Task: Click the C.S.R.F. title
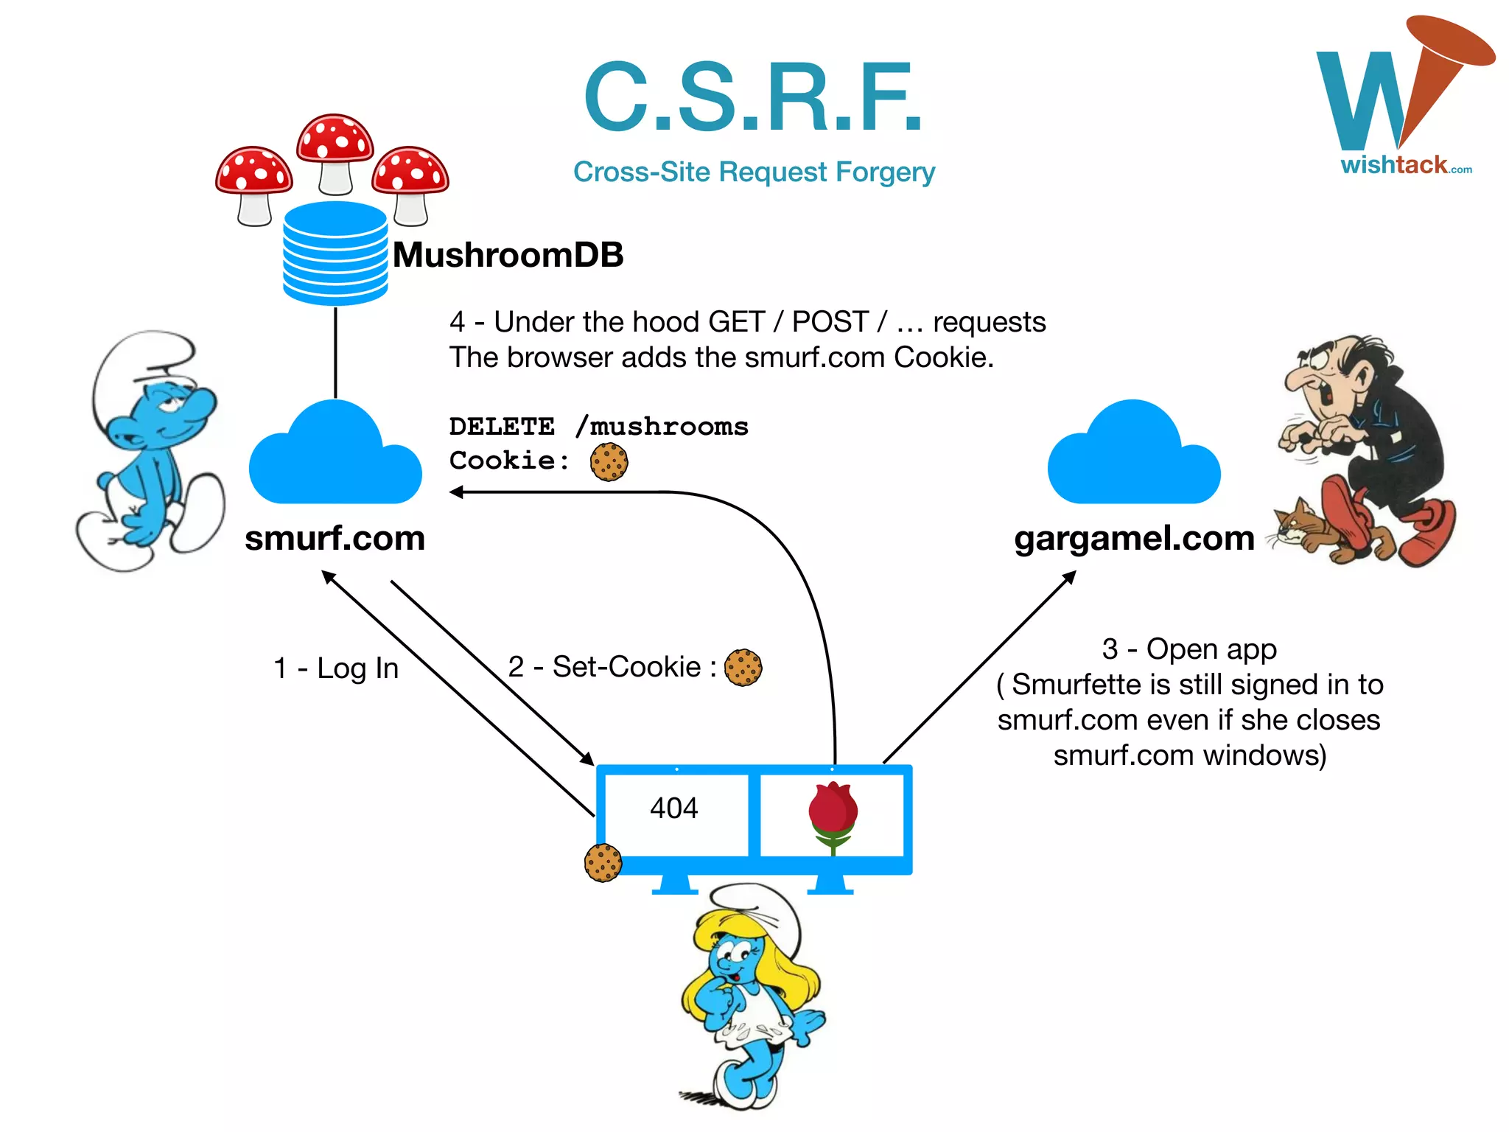click(x=753, y=97)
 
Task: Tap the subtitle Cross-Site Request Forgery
click(x=754, y=172)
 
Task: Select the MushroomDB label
click(x=508, y=255)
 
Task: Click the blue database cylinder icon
click(x=335, y=253)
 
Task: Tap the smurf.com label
click(x=335, y=538)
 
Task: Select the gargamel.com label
click(x=1134, y=538)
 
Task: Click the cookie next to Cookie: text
click(x=609, y=462)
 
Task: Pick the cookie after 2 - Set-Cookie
click(x=743, y=668)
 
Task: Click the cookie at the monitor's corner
click(x=603, y=862)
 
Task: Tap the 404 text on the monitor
click(x=673, y=808)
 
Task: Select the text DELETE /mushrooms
click(x=598, y=427)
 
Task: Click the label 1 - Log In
click(x=336, y=668)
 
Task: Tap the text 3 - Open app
click(x=1189, y=649)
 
